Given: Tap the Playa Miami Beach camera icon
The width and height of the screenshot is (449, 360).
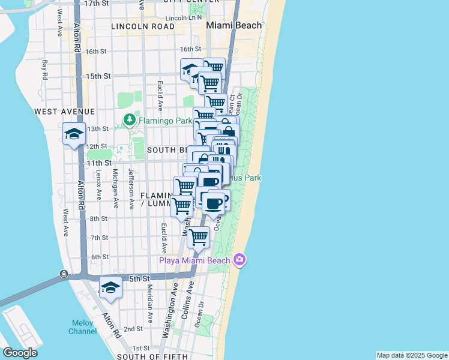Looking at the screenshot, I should tap(240, 259).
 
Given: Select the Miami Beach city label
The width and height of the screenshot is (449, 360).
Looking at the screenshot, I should tap(234, 26).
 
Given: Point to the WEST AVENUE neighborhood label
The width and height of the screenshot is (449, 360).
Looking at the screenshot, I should tap(64, 112).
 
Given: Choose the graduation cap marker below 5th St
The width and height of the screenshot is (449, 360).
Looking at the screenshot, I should tap(110, 288).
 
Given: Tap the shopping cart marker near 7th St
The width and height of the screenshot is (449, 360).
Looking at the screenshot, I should tap(198, 237).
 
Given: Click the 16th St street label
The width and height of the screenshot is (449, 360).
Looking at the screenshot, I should tap(190, 50).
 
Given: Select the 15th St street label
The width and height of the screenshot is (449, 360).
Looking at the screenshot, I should tap(98, 76).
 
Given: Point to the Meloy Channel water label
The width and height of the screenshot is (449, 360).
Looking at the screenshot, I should tap(82, 327).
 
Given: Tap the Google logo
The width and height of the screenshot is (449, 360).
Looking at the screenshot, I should tap(20, 353).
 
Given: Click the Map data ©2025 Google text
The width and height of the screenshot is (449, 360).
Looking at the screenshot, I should tap(411, 355).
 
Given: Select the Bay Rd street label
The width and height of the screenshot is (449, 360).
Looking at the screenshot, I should tap(44, 70).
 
